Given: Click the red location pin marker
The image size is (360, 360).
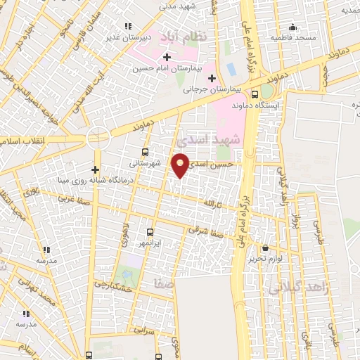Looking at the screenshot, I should [x=180, y=165].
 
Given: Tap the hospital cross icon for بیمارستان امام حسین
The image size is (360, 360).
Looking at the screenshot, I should [x=166, y=57].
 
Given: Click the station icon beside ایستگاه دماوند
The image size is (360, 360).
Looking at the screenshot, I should [x=255, y=93].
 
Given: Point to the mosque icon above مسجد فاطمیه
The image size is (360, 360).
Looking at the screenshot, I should [x=292, y=27].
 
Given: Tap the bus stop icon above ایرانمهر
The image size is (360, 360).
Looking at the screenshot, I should [x=150, y=231].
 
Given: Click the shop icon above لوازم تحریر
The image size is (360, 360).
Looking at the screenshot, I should [x=265, y=248].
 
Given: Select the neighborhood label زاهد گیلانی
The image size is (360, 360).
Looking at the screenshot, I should [x=295, y=288].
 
